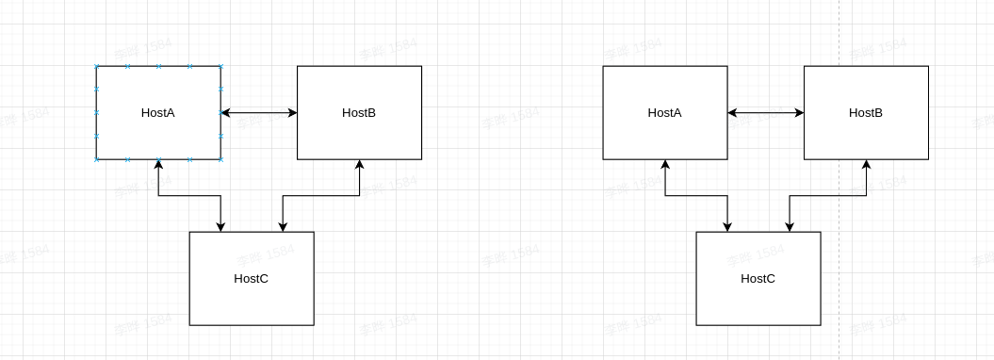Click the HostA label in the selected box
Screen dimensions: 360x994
click(x=158, y=113)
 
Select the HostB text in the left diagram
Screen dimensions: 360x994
click(x=359, y=113)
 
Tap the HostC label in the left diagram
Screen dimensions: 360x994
click(x=252, y=279)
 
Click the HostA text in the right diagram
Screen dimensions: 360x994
click(x=665, y=113)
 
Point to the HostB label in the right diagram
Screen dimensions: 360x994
click(x=866, y=113)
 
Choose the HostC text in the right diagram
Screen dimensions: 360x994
click(x=758, y=279)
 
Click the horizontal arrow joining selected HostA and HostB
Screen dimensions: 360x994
click(x=259, y=113)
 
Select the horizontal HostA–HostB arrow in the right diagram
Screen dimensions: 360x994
click(x=766, y=113)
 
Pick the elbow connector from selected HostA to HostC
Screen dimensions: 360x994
click(x=188, y=196)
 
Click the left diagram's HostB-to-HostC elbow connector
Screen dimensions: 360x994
click(x=320, y=196)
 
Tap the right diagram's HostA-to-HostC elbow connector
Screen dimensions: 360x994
click(x=695, y=196)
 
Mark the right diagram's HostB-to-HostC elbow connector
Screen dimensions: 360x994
click(x=827, y=196)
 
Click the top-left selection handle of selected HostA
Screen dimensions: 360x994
click(x=96, y=67)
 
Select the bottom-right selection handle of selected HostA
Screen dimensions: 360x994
click(x=220, y=159)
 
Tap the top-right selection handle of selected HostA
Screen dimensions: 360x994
click(x=220, y=67)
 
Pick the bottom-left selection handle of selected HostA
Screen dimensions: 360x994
click(x=96, y=159)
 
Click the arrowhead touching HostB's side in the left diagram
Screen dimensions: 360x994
click(x=292, y=113)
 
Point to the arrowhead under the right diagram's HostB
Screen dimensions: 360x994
click(x=866, y=165)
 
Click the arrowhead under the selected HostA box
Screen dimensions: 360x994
click(x=158, y=165)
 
